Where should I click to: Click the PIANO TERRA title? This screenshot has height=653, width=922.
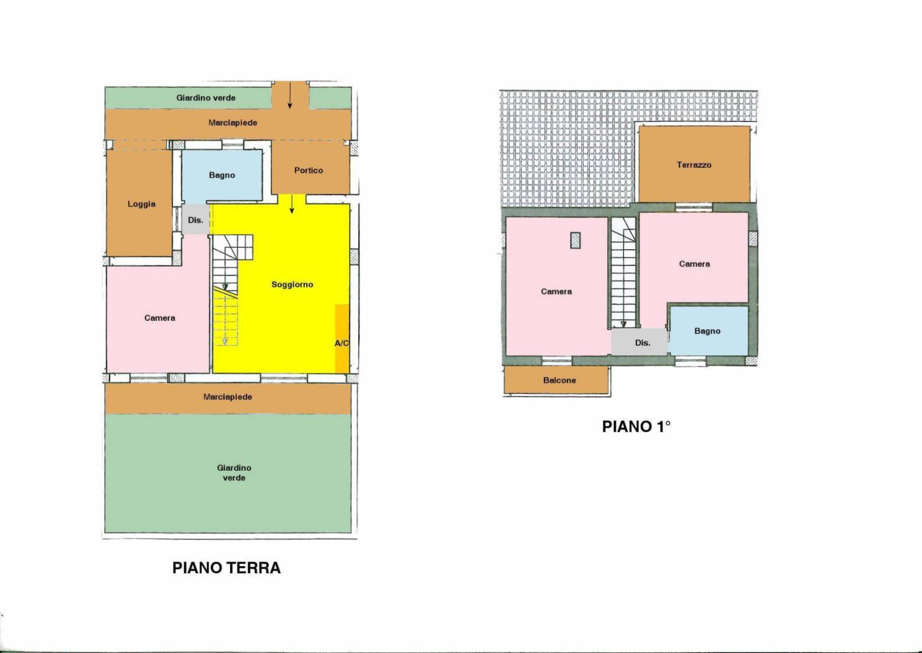[x=226, y=568]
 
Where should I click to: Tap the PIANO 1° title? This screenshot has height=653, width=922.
[x=636, y=427]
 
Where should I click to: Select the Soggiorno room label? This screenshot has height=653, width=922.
[x=292, y=284]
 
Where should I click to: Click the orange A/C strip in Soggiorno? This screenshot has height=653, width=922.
[x=342, y=338]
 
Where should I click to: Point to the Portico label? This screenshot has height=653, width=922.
[x=309, y=170]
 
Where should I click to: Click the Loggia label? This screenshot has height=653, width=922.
[x=142, y=204]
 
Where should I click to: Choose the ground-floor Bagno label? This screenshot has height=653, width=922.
[x=222, y=175]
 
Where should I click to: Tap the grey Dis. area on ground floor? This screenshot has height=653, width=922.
[x=196, y=220]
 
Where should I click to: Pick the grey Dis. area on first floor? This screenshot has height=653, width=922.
[x=639, y=341]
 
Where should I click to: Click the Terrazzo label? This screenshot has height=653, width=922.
[x=694, y=165]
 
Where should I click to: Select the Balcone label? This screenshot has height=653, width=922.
[x=559, y=380]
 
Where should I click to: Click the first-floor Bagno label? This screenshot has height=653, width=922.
[x=707, y=331]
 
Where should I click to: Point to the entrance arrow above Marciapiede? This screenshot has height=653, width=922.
[x=290, y=95]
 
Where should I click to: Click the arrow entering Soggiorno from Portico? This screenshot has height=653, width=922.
[x=292, y=205]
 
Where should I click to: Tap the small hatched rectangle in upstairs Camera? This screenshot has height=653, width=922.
[x=575, y=240]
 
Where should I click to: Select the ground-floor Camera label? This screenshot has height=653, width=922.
[x=160, y=318]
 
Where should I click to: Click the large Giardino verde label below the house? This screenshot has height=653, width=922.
[x=234, y=473]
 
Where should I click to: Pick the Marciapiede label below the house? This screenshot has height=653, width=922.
[x=228, y=397]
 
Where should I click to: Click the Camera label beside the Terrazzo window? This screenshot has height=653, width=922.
[x=694, y=264]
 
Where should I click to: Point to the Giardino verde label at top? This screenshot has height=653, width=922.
[x=206, y=98]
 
